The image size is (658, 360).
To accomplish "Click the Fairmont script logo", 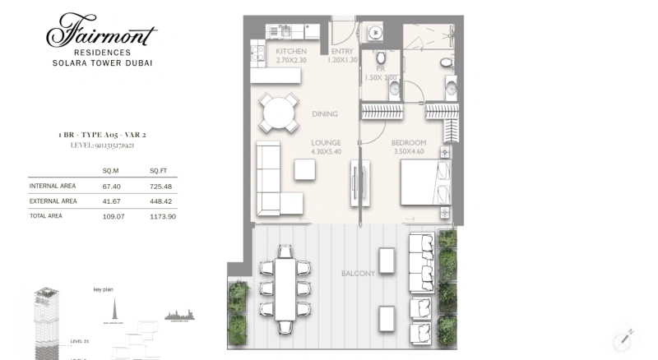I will pos(101,33).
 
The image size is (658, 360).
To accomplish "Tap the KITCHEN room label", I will pos(291,51).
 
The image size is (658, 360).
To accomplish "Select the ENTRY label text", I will pos(341,51).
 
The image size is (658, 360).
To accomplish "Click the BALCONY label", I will pos(358,273).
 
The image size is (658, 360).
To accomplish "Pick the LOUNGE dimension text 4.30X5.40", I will pos(326,151).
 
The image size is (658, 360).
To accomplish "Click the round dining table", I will pos(278,113).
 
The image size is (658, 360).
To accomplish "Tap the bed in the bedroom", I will pos(424,182).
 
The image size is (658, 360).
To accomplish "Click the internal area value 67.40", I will pos(111,186).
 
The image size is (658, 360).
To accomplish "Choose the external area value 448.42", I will pos(160,201).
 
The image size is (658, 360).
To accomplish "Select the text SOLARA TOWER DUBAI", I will pos(102,62).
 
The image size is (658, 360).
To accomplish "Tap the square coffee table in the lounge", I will pos(305,168).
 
